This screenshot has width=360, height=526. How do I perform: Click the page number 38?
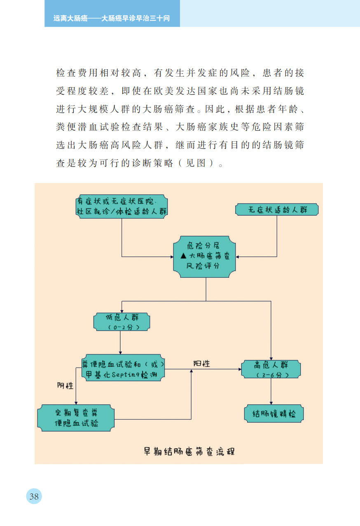34,496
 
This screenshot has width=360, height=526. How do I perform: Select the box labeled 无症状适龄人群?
277,209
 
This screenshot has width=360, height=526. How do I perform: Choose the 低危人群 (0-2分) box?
122,322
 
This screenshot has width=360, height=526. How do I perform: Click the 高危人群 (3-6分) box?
271,369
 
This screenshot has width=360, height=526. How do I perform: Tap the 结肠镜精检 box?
274,414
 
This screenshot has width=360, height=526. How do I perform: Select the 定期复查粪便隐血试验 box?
76,418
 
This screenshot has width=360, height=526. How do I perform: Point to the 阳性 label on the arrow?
201,364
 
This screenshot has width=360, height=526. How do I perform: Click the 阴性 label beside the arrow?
65,386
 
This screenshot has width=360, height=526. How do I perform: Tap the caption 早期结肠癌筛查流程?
189,451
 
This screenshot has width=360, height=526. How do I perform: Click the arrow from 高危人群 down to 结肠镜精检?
271,392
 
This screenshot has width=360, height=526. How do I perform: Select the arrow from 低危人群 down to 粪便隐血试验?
120,342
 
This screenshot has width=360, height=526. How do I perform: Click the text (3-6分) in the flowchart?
271,375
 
